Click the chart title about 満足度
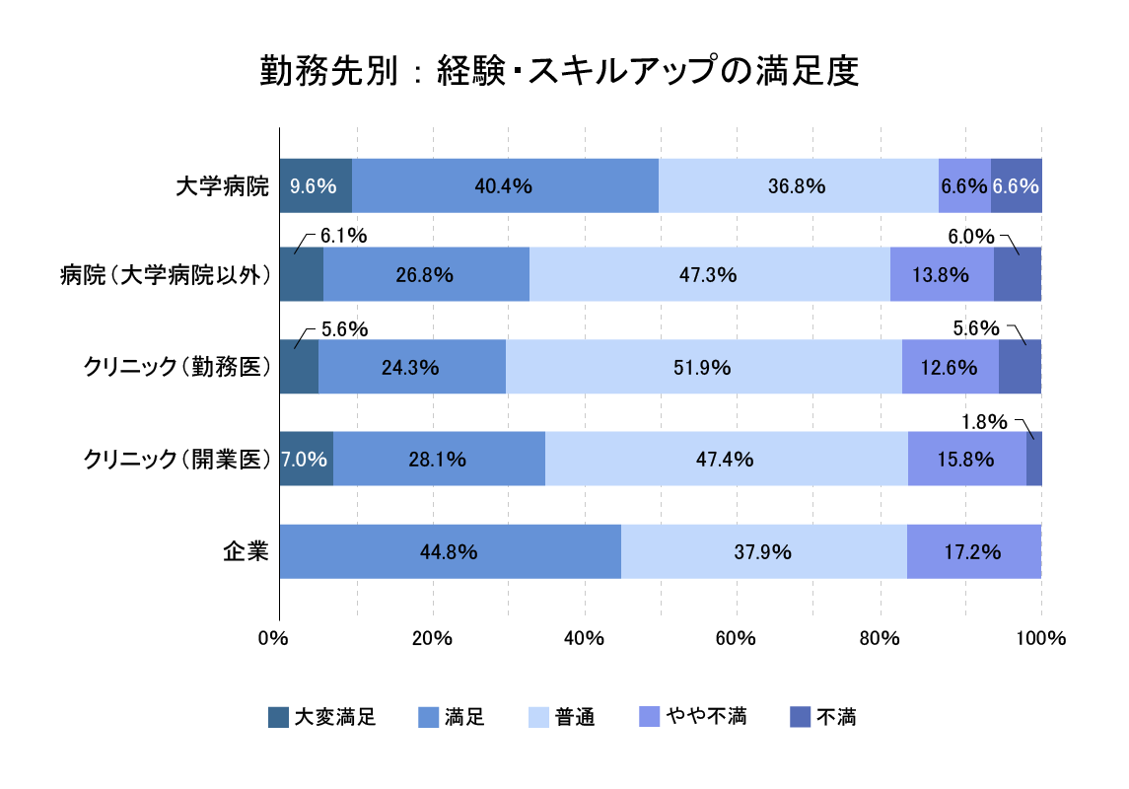coord(559,72)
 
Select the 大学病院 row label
coord(222,185)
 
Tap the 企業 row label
coord(246,551)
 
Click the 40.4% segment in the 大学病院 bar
coord(504,185)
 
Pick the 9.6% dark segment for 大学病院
coord(315,185)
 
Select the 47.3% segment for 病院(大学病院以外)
coord(709,275)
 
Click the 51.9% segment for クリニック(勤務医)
coord(703,367)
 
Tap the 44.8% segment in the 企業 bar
coord(450,551)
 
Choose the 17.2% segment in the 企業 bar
coord(973,551)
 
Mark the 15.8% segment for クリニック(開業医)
coord(966,459)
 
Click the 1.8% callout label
coord(984,422)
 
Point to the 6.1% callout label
coord(344,236)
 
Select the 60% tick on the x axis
coord(736,638)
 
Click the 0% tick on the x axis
coord(271,638)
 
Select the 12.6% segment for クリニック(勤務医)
coord(950,367)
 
